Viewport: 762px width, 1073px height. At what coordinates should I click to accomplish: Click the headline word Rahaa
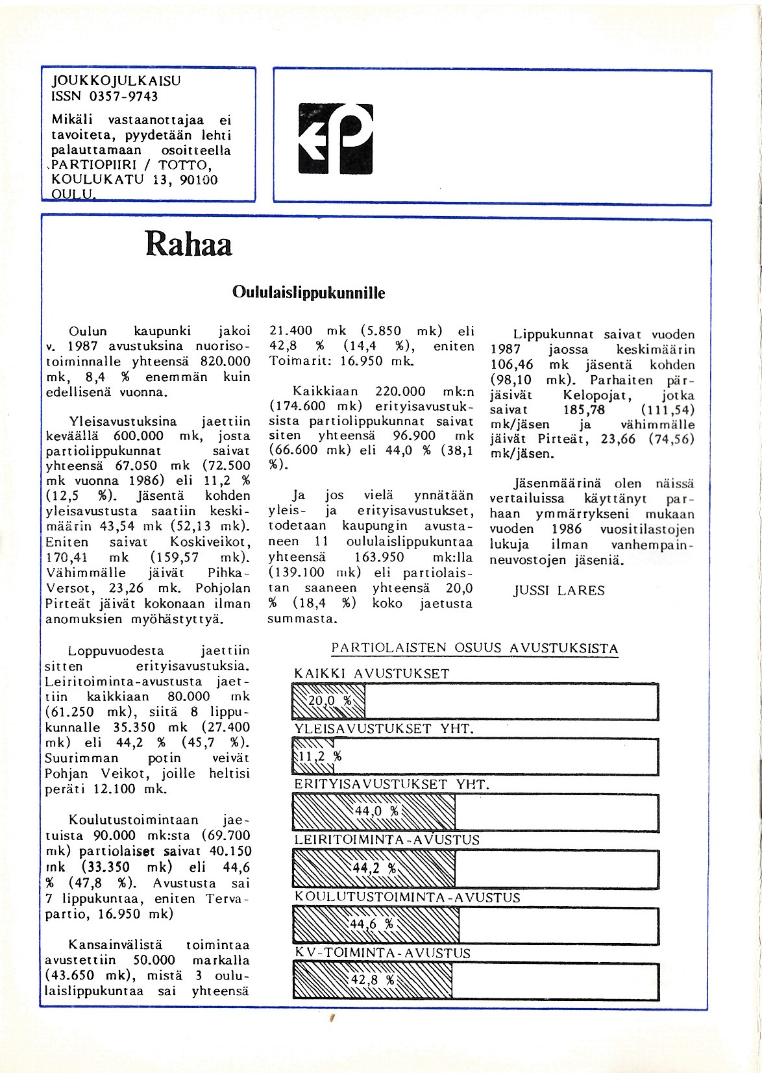188,244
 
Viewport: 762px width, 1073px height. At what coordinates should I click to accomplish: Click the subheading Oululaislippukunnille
308,293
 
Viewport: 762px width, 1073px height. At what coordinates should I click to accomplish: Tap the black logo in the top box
336,139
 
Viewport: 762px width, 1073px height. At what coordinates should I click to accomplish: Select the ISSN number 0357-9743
123,97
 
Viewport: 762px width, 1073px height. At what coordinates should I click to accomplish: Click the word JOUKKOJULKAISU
116,81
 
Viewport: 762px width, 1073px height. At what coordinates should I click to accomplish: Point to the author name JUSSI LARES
559,591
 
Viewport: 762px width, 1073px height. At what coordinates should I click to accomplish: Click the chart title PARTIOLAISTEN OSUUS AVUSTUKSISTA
474,648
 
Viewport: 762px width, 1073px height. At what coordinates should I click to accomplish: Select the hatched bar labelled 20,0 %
329,701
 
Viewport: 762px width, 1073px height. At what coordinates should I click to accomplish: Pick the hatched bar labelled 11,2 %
314,756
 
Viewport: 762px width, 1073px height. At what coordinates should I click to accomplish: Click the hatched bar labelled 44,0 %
374,811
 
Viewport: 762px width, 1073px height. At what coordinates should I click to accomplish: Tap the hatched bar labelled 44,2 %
374,869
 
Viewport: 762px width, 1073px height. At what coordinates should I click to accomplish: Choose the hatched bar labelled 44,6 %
376,924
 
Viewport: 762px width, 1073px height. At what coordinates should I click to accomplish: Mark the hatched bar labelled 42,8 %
373,980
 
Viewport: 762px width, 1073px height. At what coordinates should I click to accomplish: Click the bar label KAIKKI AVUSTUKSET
371,674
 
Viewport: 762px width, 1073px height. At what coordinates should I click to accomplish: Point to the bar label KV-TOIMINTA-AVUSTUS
382,953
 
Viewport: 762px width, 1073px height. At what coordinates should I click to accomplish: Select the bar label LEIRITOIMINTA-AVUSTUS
387,840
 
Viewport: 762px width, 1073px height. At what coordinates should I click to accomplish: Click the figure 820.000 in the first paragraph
225,362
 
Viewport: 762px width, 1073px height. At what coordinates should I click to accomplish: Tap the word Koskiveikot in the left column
210,542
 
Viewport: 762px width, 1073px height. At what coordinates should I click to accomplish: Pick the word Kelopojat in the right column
596,395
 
